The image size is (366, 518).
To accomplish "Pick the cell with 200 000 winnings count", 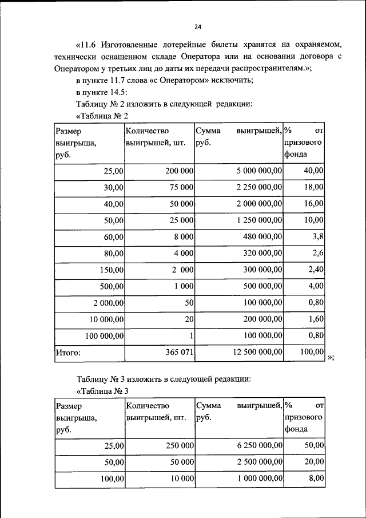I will click(178, 171).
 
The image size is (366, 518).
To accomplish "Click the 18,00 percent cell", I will click(313, 187).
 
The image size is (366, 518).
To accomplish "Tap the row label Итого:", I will click(67, 353).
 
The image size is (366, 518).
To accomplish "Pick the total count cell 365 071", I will click(180, 353).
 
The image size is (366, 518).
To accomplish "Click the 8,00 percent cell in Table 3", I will click(316, 479).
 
